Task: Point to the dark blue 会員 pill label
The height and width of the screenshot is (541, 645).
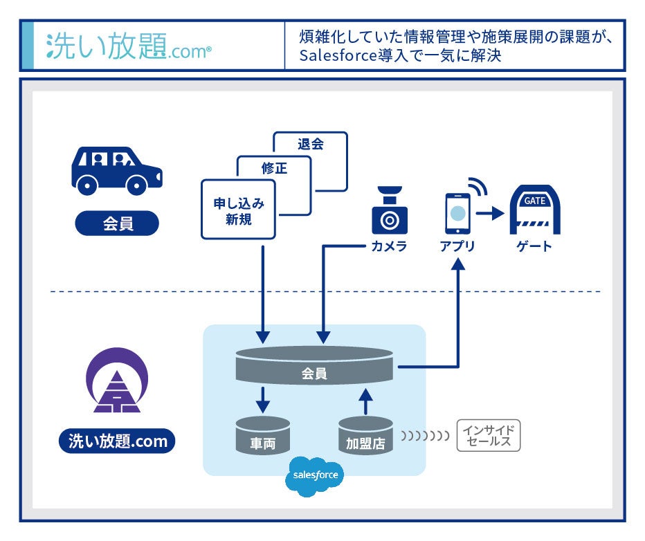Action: [x=117, y=223]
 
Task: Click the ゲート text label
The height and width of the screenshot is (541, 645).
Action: [x=534, y=246]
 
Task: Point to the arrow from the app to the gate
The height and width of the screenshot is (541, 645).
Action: [x=490, y=214]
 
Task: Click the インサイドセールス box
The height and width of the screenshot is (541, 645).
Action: [x=488, y=436]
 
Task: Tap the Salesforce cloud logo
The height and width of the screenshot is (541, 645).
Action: [x=315, y=476]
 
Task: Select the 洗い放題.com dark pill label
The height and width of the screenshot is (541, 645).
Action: [x=117, y=441]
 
